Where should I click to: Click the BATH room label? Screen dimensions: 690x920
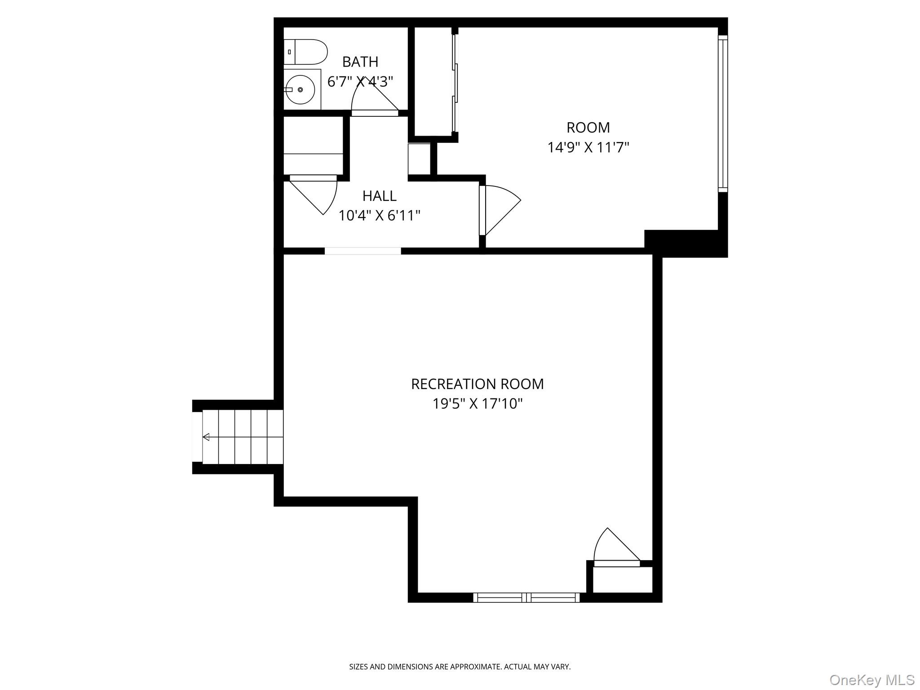tap(360, 62)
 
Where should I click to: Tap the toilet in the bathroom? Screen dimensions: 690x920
tap(305, 52)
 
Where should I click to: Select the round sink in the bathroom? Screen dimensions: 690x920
tap(300, 89)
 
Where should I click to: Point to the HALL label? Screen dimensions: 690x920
tap(379, 196)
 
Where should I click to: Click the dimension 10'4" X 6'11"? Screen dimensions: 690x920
tap(379, 216)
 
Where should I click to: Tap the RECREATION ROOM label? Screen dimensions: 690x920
tap(477, 384)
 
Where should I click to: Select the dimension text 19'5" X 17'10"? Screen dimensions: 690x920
tap(477, 404)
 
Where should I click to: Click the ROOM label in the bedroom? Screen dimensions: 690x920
tap(588, 128)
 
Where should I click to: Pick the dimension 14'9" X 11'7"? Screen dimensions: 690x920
tap(588, 147)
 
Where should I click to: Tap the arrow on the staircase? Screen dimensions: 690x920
tap(206, 437)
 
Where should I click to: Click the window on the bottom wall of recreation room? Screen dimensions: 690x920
tap(526, 597)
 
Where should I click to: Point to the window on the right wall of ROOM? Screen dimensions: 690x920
tap(722, 113)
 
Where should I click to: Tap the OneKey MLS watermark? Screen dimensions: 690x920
tap(871, 680)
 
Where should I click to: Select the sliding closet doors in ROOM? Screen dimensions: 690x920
tap(455, 83)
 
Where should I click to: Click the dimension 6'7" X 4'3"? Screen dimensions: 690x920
tap(360, 82)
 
